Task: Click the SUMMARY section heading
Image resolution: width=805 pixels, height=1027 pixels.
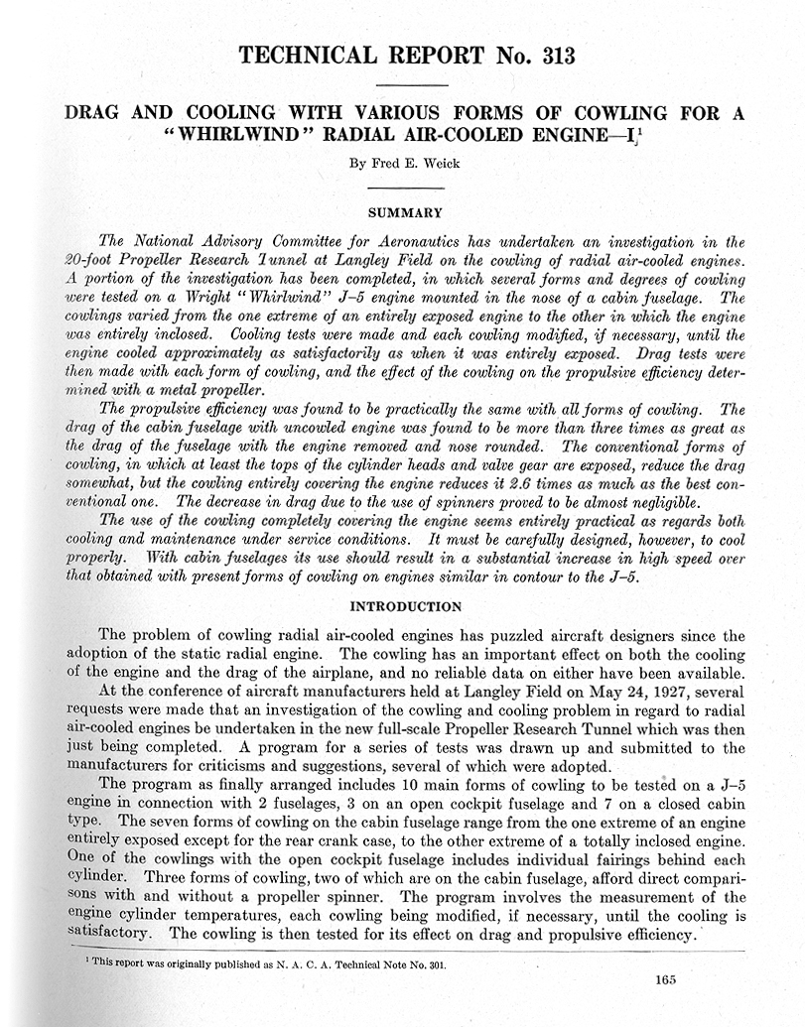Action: pyautogui.click(x=405, y=211)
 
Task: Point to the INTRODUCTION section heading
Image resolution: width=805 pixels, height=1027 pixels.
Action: pyautogui.click(x=404, y=606)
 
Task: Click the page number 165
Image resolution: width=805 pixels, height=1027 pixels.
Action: pyautogui.click(x=665, y=979)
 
